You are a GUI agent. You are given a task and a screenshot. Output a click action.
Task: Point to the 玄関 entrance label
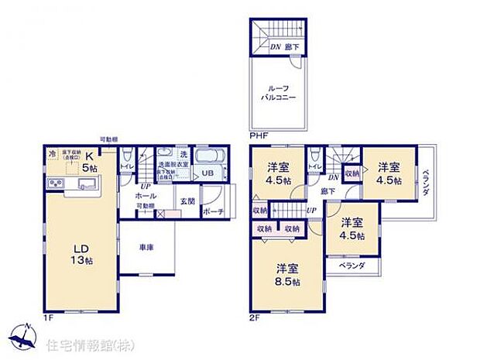[187, 201]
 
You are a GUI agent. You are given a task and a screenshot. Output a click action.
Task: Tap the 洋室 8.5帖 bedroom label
[287, 276]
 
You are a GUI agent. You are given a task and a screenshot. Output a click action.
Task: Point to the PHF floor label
[259, 136]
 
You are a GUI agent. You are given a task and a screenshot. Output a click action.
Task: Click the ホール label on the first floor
[148, 196]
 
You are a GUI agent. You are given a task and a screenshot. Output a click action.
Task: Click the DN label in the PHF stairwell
[275, 47]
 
